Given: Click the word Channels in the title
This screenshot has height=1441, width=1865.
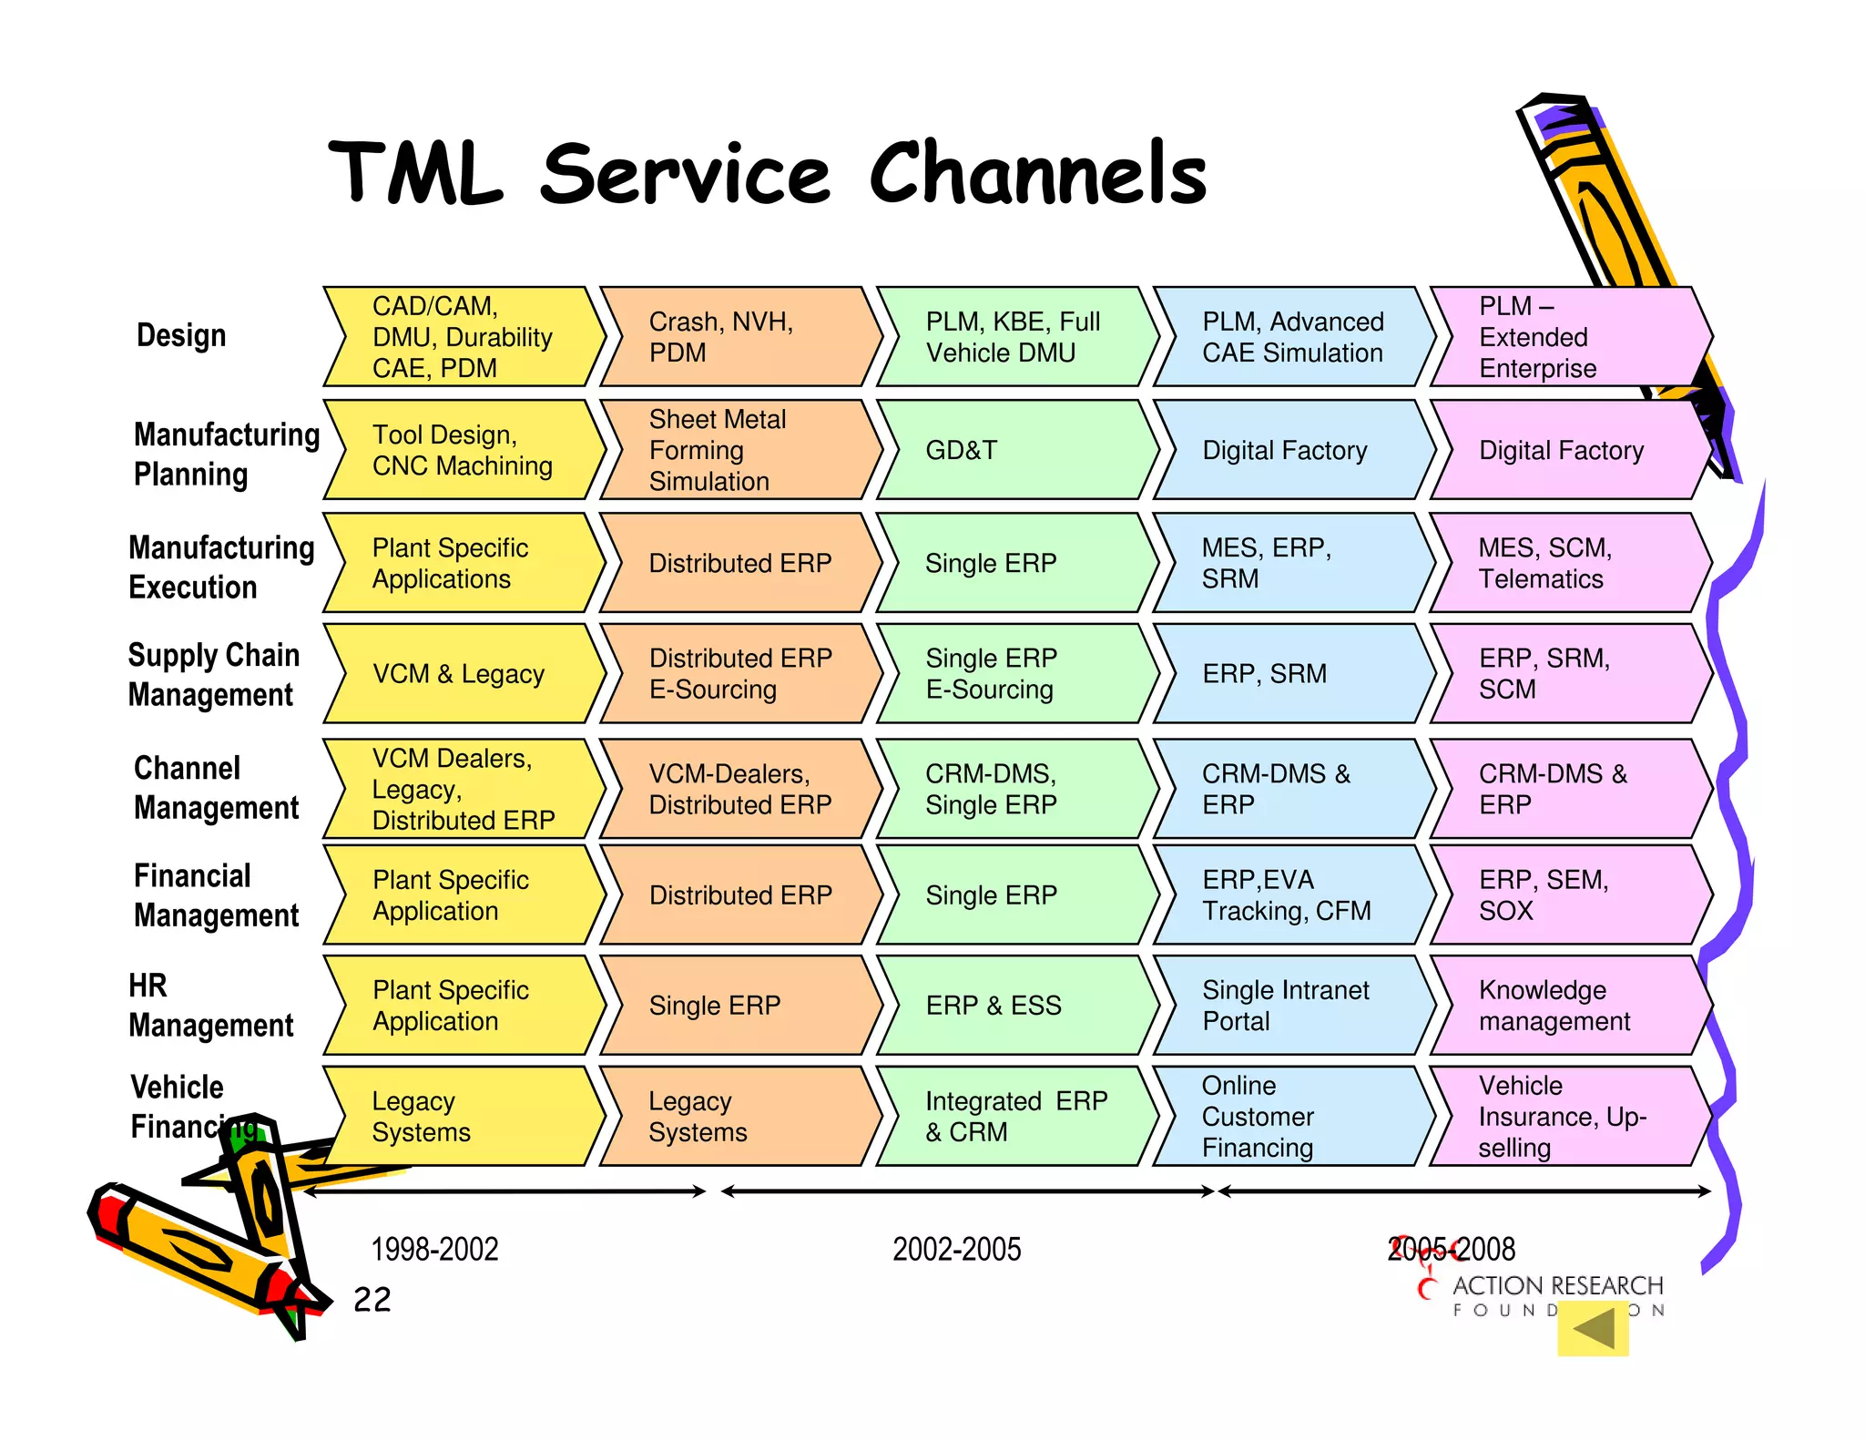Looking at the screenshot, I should click(x=1037, y=173).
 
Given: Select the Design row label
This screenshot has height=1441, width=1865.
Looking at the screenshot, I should click(x=181, y=335).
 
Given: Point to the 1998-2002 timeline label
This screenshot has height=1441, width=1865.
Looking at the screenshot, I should click(x=434, y=1249).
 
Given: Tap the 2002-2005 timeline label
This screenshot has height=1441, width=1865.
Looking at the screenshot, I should click(x=956, y=1249).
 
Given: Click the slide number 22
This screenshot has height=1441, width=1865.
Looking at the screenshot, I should click(x=372, y=1300).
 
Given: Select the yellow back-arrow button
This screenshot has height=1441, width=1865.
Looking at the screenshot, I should click(x=1593, y=1329).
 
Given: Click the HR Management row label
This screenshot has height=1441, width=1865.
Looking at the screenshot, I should click(x=210, y=1006).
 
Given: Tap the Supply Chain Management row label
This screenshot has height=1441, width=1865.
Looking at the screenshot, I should click(x=213, y=675).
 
